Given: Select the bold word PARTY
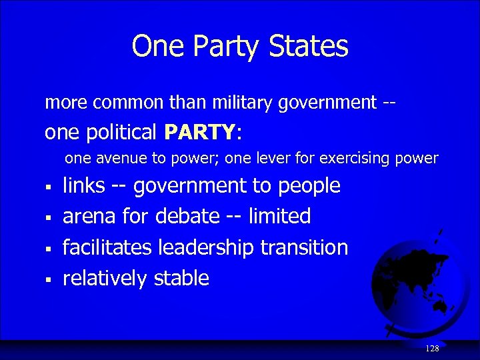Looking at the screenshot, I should pos(199,133).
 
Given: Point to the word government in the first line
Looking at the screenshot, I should pos(329,103).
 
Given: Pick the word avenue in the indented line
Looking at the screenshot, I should pos(119,159).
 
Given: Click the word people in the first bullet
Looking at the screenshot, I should pos(309,186).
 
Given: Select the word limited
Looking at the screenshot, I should pos(279,217).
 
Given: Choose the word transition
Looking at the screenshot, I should pos(304,247).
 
